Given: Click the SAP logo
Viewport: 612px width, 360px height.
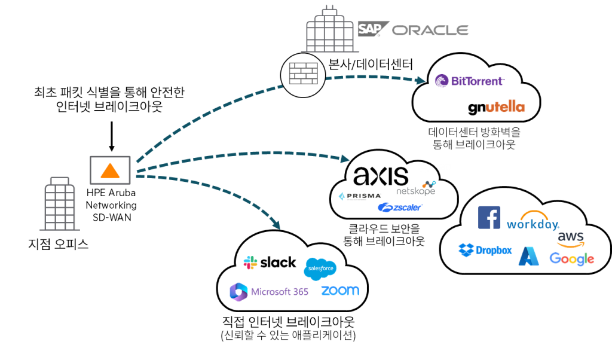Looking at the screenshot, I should tap(371, 29).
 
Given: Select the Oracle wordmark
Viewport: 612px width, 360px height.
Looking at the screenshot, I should tap(430, 30).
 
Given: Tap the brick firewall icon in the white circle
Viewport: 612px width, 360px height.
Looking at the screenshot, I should tap(303, 75).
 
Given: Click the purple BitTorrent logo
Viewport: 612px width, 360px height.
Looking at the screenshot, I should tap(469, 81).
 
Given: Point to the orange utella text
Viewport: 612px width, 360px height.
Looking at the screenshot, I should tap(505, 108).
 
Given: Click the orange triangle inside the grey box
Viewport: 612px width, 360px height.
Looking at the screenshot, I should tap(110, 170).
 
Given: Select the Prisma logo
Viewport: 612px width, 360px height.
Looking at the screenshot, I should tap(359, 196).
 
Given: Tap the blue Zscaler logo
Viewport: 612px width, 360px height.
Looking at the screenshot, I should tap(400, 208).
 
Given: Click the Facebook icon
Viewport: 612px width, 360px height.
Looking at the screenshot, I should tap(489, 218).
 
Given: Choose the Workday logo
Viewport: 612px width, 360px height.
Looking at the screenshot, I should tap(533, 221).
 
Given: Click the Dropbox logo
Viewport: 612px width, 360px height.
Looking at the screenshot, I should tap(485, 251).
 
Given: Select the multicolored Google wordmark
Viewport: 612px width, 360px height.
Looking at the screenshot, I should tap(572, 258).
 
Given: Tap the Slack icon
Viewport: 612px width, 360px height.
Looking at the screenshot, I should tap(250, 263).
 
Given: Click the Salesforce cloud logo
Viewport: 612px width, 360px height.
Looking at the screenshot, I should tap(320, 269).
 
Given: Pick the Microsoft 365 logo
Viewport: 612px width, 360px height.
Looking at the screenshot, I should tap(269, 292).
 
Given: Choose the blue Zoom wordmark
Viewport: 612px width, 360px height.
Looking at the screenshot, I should tap(340, 291).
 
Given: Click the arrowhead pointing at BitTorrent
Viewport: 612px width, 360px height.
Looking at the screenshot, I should tap(421, 80).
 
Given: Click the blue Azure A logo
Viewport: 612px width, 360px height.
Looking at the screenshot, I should tap(529, 256).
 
